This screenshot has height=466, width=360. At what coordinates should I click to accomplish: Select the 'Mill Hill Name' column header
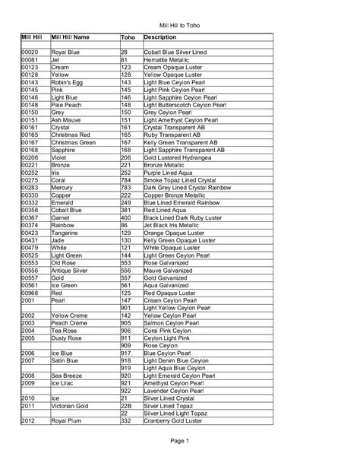(70, 36)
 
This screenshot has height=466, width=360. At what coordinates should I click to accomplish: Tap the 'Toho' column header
(128, 36)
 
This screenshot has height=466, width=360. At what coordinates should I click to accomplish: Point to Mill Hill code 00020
(30, 52)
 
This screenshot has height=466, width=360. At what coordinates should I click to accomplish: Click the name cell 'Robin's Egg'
(67, 82)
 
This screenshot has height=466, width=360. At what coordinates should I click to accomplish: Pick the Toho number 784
(126, 179)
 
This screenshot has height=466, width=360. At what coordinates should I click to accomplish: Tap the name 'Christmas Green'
(73, 142)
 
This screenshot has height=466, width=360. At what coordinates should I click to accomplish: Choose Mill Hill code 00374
(30, 225)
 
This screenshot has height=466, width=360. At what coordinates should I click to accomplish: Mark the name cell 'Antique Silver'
(71, 270)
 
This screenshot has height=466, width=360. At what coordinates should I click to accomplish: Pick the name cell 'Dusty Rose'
(67, 337)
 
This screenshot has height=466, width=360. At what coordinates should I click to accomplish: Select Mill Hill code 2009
(28, 384)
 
